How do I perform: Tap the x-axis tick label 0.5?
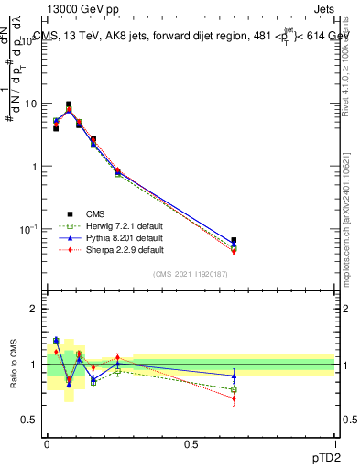pos(191,442)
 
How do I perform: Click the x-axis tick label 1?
pos(334,442)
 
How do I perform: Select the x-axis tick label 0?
pos(47,442)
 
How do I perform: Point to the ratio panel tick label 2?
pos(33,309)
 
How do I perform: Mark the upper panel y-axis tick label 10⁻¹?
pos(27,228)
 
